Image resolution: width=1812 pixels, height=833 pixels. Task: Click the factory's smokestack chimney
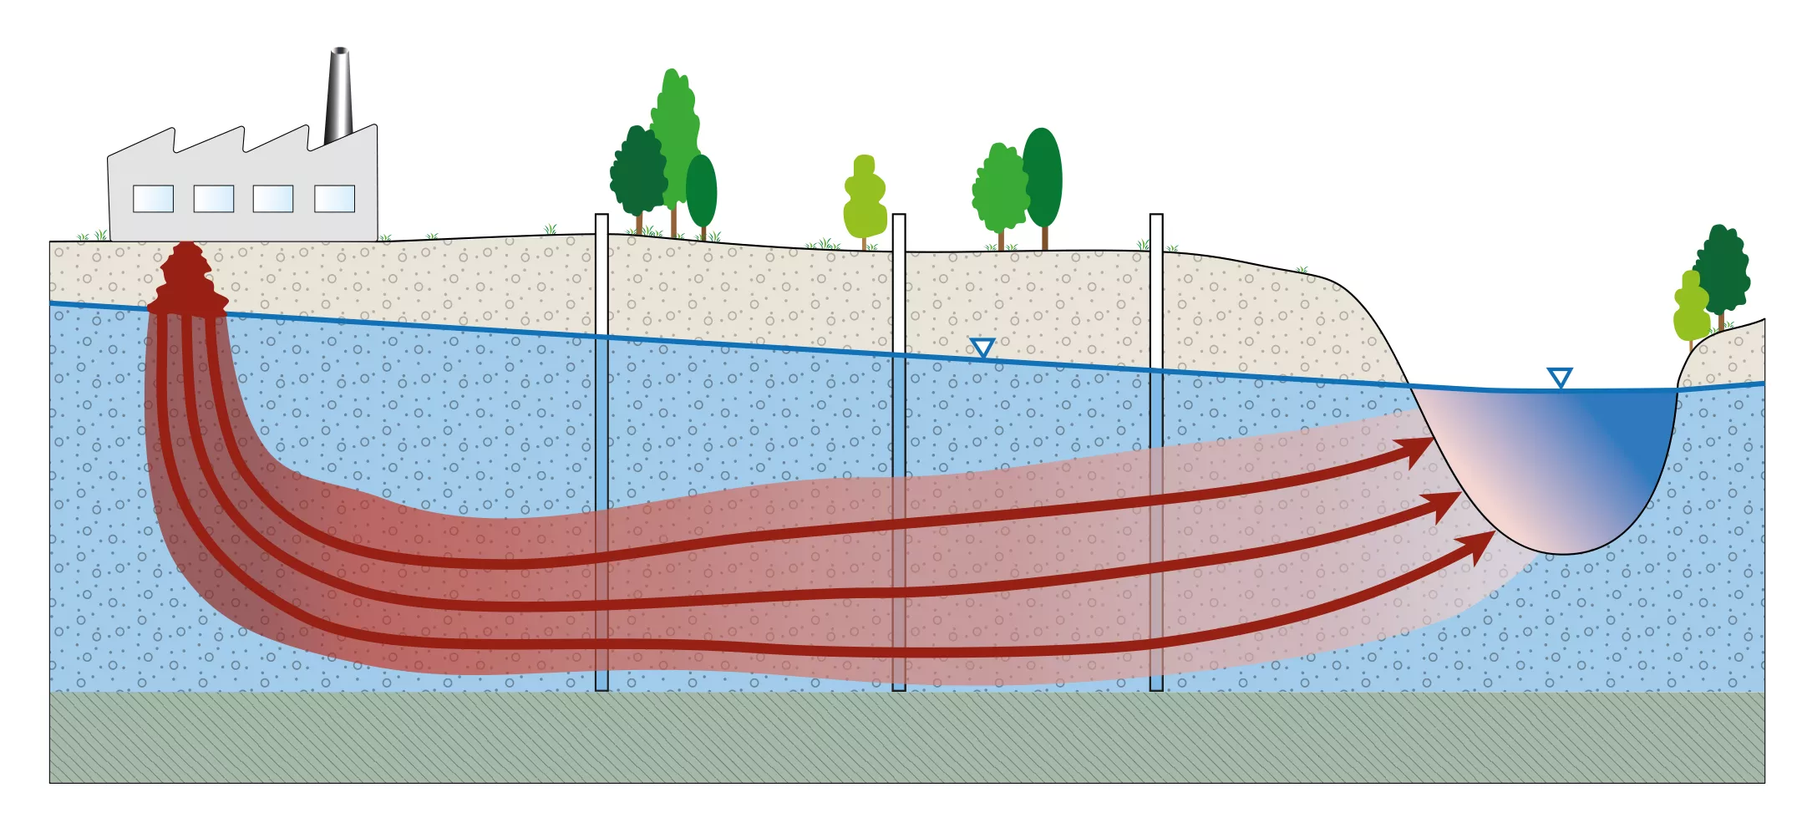(x=338, y=96)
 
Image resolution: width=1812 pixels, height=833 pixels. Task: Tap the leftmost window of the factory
(x=153, y=199)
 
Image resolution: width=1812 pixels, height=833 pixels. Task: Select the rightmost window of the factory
(x=334, y=199)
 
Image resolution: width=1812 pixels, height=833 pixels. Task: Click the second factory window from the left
(x=213, y=199)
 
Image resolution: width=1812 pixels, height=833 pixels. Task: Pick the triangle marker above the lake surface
(x=1559, y=377)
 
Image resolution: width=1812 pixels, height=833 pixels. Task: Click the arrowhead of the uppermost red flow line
(x=1421, y=450)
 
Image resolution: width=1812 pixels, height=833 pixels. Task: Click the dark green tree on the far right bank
(x=1723, y=267)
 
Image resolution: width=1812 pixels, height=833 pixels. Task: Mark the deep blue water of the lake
(x=1629, y=434)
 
